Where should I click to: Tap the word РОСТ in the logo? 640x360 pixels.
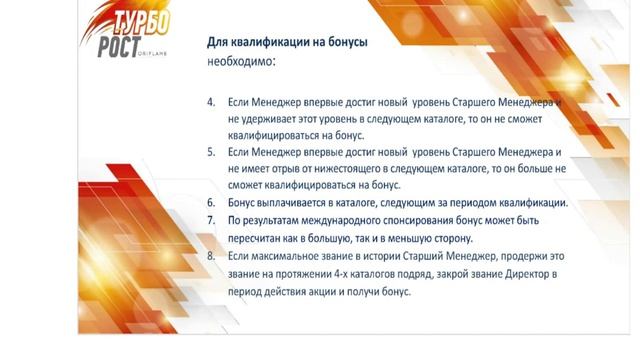click(123, 48)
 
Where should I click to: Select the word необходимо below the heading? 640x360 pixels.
click(238, 61)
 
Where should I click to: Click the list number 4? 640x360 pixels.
click(211, 103)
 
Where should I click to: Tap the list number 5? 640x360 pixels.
click(211, 152)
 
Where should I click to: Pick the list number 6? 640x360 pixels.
click(211, 202)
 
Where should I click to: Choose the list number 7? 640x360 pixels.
click(211, 219)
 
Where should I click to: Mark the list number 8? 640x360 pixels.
click(211, 256)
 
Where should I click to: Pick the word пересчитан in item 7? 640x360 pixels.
click(260, 237)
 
